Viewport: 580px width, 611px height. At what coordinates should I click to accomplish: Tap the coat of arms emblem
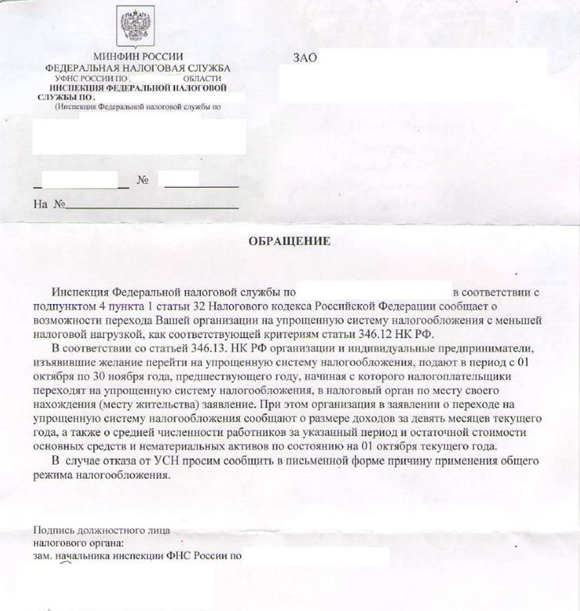[136, 27]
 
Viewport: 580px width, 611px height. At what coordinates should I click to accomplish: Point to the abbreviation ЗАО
[305, 59]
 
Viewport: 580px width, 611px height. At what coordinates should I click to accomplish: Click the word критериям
[353, 333]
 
